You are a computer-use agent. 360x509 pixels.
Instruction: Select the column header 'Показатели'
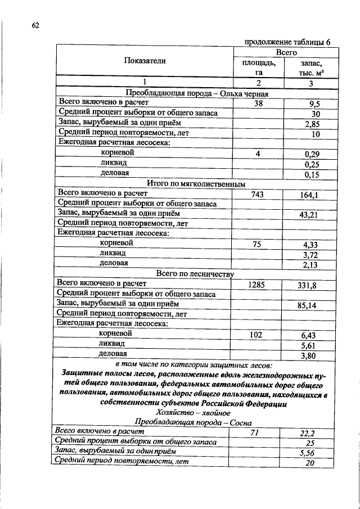click(145, 61)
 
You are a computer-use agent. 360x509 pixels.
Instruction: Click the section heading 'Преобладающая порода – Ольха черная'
click(197, 93)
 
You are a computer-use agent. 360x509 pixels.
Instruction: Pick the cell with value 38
click(259, 103)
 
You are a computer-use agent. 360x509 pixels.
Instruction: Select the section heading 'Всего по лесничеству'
click(195, 274)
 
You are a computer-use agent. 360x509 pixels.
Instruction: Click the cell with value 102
click(257, 335)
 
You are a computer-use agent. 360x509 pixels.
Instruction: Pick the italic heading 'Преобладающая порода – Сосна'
click(193, 422)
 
